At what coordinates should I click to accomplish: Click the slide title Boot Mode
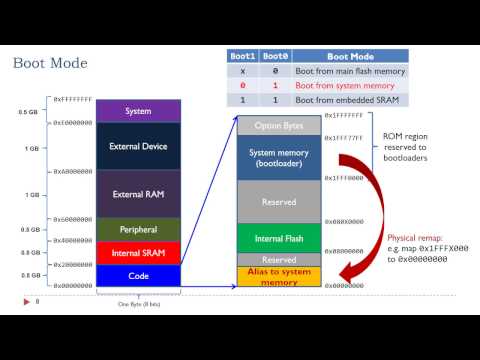pos(49,64)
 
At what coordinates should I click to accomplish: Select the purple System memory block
pos(138,111)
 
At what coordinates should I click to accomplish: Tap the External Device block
pos(138,146)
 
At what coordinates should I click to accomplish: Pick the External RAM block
pos(138,194)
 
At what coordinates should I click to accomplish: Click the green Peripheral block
pos(138,230)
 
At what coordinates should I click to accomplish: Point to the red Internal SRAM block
pos(138,253)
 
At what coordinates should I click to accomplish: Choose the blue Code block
pos(138,275)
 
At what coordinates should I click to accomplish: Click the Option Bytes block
pos(278,125)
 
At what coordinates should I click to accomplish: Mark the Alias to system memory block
pos(278,277)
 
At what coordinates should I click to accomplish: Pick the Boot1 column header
pos(242,56)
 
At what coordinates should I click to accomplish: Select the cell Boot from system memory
pos(345,86)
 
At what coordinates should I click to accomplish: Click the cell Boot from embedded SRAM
pos(345,101)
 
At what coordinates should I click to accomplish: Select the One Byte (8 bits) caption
pos(138,304)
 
